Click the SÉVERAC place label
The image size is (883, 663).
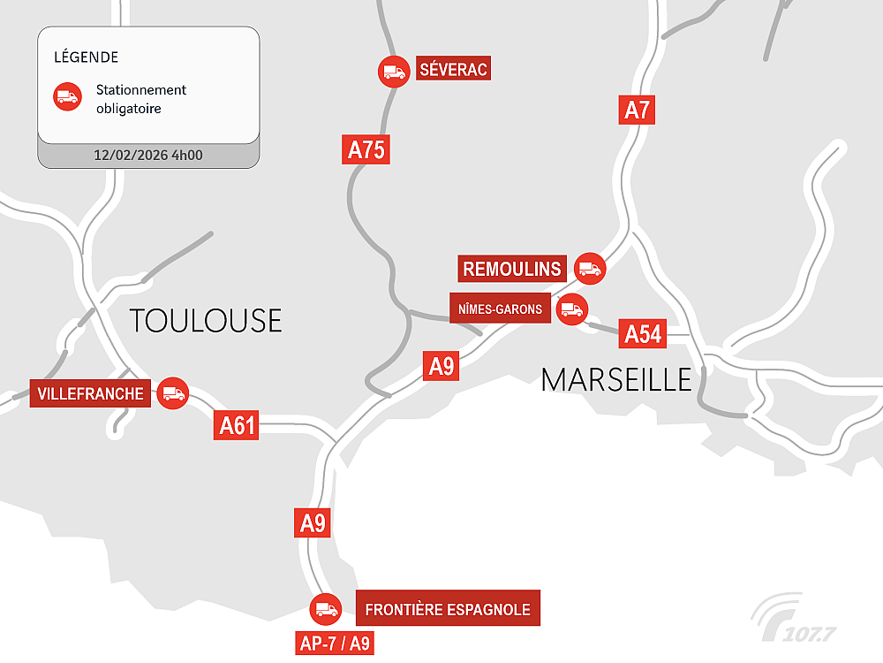[x=454, y=70]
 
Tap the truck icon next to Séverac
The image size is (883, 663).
[x=393, y=72]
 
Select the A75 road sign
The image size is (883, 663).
[x=366, y=149]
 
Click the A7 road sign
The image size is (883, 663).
[x=637, y=110]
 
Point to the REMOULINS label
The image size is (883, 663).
[x=512, y=269]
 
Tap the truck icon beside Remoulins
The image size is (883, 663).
[x=589, y=269]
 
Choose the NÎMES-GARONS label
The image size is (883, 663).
[x=501, y=309]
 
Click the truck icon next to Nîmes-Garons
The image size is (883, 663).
[x=571, y=309]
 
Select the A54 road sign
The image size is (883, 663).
[x=643, y=333]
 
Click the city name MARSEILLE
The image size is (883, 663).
[x=616, y=379]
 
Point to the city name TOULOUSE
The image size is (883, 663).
[x=206, y=320]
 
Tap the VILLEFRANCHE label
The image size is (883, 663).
[x=91, y=393]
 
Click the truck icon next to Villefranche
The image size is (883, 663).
[x=172, y=393]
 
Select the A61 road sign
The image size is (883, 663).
[x=237, y=426]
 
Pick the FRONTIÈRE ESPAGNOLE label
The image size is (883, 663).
[x=448, y=609]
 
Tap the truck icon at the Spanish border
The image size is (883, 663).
[x=325, y=608]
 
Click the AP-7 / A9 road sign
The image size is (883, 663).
[x=335, y=643]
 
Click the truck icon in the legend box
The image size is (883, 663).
[x=67, y=97]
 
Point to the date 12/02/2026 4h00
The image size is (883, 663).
[x=148, y=156]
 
